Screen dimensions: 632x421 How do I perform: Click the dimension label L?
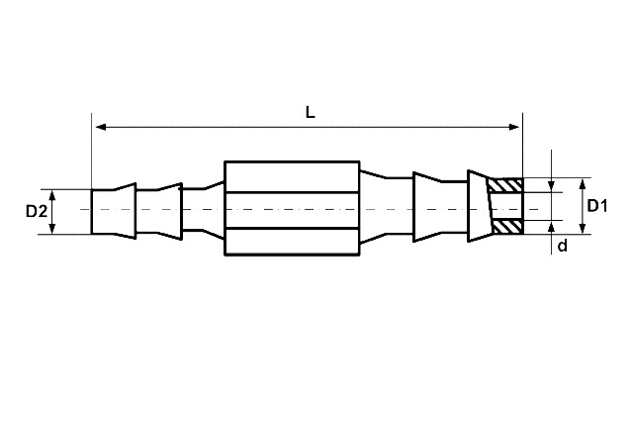tap(310, 112)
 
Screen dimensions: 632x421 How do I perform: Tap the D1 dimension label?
tap(597, 206)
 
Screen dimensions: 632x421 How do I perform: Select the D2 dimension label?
tap(37, 211)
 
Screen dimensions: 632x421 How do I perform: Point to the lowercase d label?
tap(562, 245)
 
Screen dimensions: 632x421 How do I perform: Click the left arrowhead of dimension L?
tap(101, 127)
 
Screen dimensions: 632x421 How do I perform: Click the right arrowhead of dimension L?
tap(514, 127)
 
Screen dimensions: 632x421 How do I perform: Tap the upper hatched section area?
tap(505, 185)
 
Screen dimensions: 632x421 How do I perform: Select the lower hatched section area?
tap(507, 227)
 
